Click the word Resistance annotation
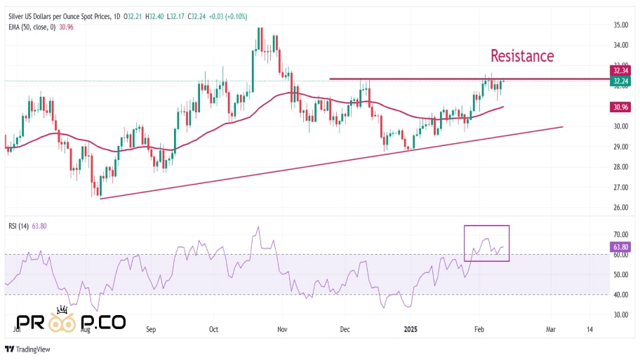pyautogui.click(x=521, y=55)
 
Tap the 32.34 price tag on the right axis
pyautogui.click(x=620, y=70)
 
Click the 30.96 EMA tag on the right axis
pyautogui.click(x=620, y=107)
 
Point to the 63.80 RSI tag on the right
pyautogui.click(x=620, y=247)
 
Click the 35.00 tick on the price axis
pyautogui.click(x=620, y=25)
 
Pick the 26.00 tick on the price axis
pyautogui.click(x=620, y=208)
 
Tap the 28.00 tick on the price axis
pyautogui.click(x=620, y=168)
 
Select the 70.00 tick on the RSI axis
pyautogui.click(x=620, y=234)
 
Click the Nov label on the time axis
pyautogui.click(x=281, y=328)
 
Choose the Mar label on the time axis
pyautogui.click(x=551, y=328)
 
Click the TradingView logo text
pyautogui.click(x=34, y=349)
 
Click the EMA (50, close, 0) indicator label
pyautogui.click(x=32, y=27)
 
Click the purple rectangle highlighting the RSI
pyautogui.click(x=486, y=243)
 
